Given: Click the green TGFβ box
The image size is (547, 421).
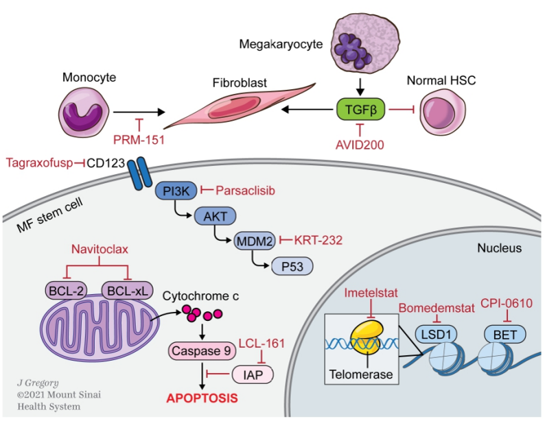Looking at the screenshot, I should [360, 109].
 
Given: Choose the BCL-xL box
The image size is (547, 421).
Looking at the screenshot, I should [126, 291].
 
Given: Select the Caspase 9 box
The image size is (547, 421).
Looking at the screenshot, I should [202, 350].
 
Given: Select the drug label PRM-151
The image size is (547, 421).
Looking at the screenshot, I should [140, 139].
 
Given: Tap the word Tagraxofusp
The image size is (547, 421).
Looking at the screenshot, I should [38, 163].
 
